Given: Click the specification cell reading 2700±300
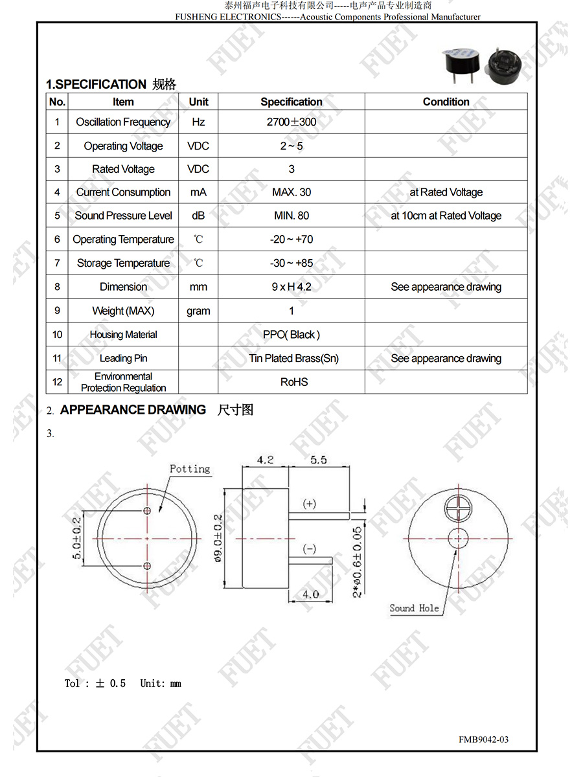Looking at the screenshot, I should (x=291, y=122).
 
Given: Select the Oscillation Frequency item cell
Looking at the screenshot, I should (x=123, y=122).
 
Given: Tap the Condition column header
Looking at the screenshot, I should (x=446, y=102).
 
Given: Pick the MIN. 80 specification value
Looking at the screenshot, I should (x=291, y=216).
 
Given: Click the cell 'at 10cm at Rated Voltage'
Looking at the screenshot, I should (x=446, y=216).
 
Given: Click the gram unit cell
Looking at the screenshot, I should (x=198, y=311).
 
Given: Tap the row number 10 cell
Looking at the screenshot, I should (x=57, y=334).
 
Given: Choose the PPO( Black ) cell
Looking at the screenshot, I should (x=291, y=334).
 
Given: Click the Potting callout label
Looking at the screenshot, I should (x=190, y=469).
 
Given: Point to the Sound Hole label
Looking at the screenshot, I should (x=414, y=608).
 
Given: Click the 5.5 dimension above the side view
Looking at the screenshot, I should (x=319, y=460).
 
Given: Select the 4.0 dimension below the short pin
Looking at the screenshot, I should (x=311, y=594).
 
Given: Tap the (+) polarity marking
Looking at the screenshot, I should (x=310, y=503).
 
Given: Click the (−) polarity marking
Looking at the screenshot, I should (x=310, y=549).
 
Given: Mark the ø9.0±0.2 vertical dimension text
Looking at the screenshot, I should (x=218, y=538).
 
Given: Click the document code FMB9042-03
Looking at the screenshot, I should (x=484, y=739).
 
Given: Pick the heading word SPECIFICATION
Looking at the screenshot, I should (x=101, y=84).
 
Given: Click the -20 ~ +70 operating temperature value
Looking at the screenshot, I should (x=291, y=240).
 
